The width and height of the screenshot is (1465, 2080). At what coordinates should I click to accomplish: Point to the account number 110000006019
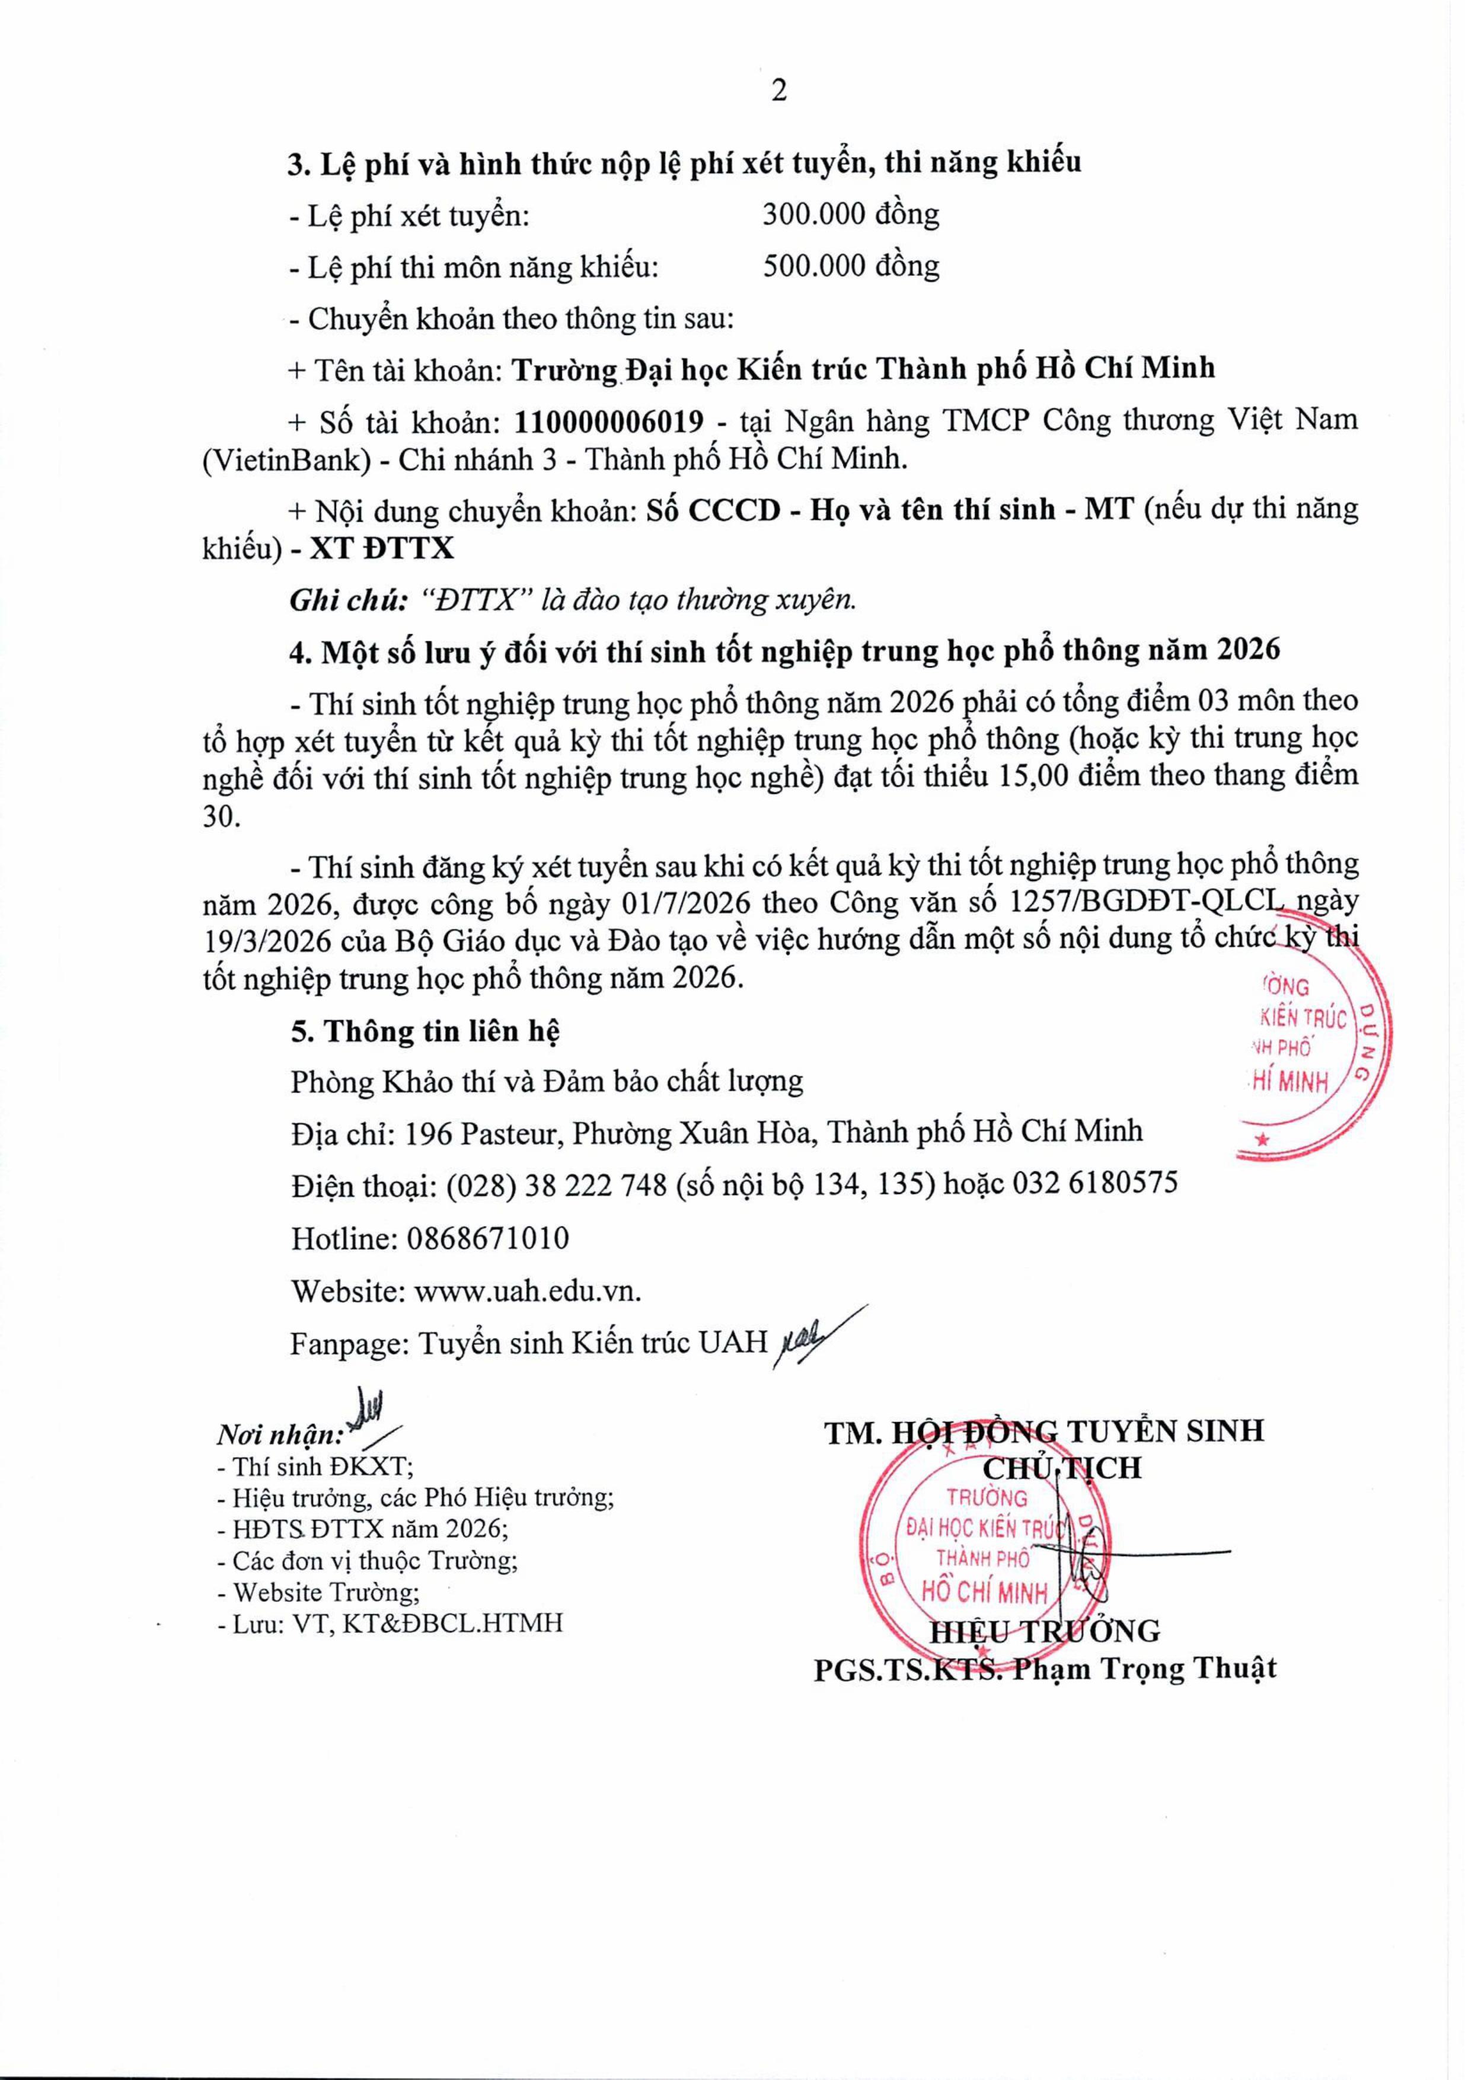pyautogui.click(x=609, y=421)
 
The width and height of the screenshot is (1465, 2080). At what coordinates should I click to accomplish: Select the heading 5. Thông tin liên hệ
pyautogui.click(x=425, y=1031)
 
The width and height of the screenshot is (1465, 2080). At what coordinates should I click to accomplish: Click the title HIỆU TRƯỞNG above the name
pyautogui.click(x=1045, y=1631)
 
